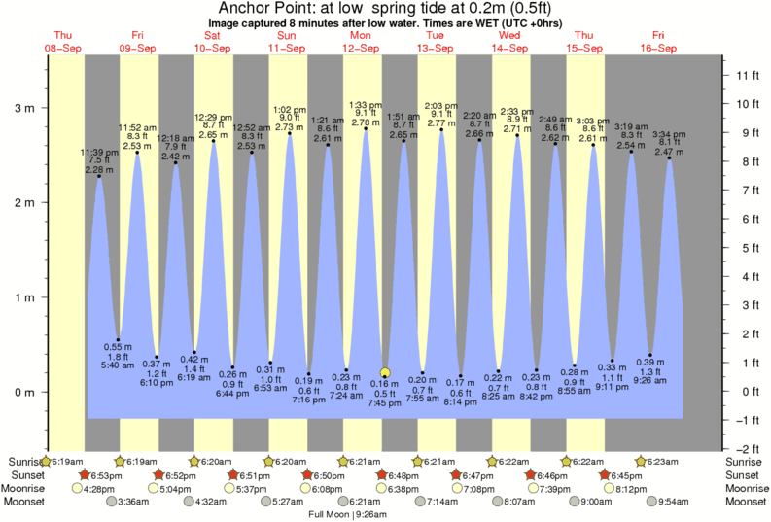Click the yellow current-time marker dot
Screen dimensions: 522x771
coord(385,372)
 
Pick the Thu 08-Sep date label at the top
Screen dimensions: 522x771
coord(63,42)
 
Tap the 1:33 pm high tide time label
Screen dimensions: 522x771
coord(366,104)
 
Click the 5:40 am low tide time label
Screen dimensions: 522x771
coord(118,365)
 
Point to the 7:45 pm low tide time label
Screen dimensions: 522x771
coord(386,402)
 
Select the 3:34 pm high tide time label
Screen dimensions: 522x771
coord(668,134)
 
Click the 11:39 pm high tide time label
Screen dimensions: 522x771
coord(98,152)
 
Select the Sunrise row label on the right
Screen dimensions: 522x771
coord(745,461)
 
